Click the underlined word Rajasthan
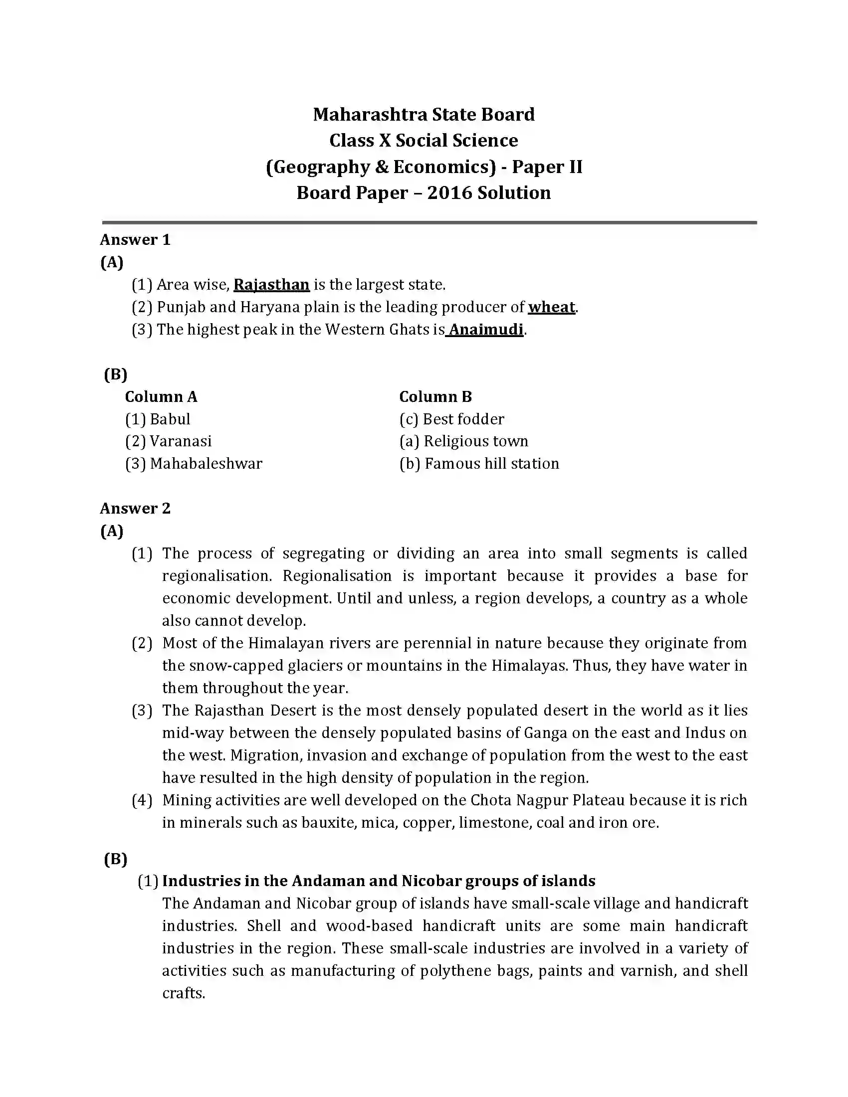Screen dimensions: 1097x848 coord(271,285)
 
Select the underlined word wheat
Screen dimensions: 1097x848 coord(551,307)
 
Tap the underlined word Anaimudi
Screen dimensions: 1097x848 coord(486,330)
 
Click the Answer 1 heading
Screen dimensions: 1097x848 coord(135,239)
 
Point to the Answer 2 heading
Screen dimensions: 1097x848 coord(135,508)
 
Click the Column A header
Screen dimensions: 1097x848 coord(161,397)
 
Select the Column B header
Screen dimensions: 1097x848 coord(435,397)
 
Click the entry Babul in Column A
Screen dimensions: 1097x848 coord(170,419)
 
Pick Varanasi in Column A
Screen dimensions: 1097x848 coord(181,441)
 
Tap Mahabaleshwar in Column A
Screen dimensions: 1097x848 coord(206,463)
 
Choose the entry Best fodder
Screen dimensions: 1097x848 coord(463,419)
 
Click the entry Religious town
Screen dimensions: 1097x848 coord(475,441)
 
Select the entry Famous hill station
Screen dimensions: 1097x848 coord(491,463)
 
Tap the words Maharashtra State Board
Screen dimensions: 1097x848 coord(424,115)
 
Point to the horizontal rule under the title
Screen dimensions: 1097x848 coord(429,222)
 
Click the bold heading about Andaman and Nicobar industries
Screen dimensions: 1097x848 coord(378,881)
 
